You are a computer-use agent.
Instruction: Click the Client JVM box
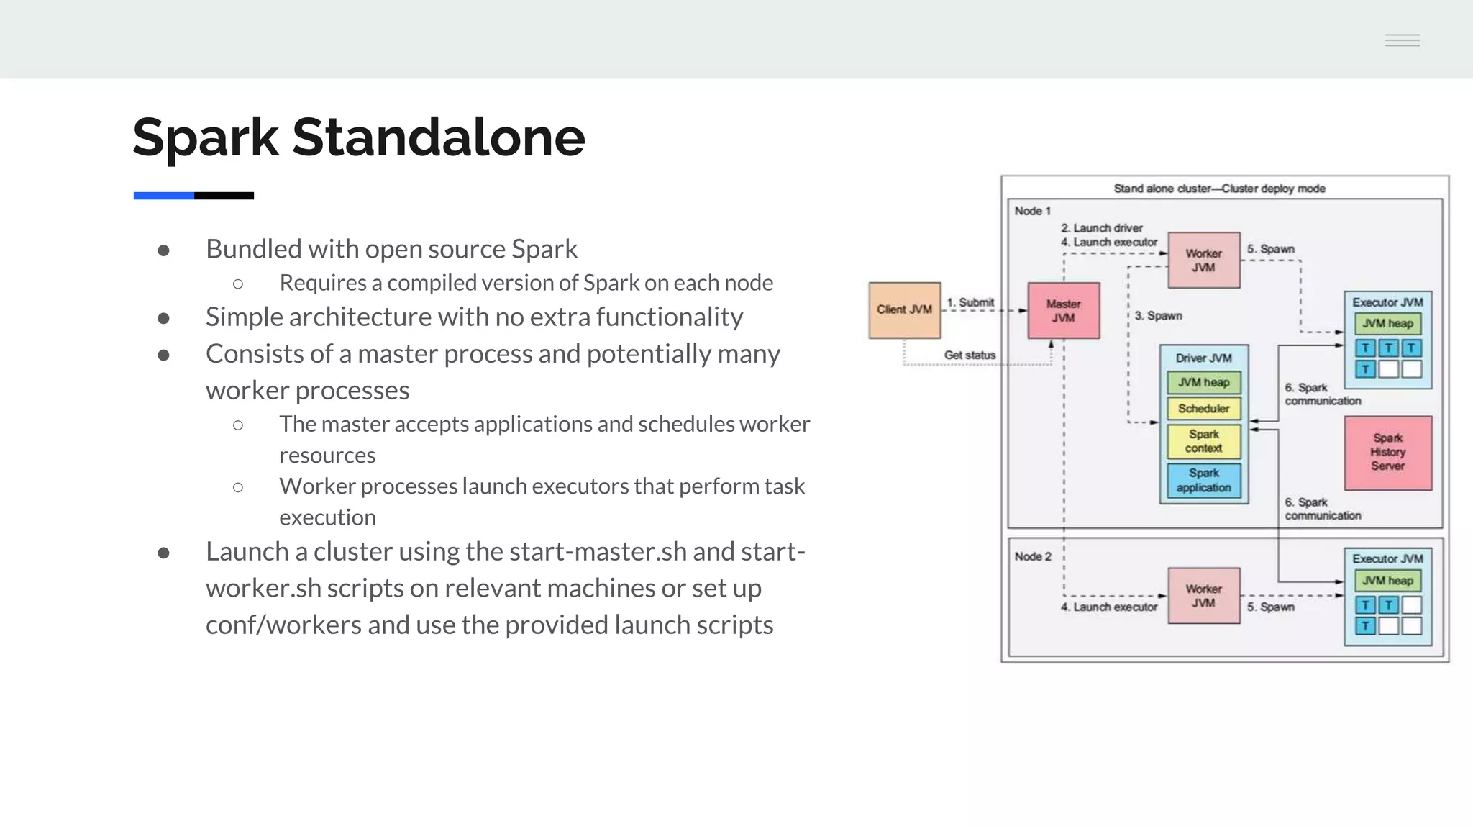point(904,310)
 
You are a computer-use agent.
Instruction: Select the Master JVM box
point(1063,311)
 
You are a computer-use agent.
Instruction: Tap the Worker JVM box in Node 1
point(1203,260)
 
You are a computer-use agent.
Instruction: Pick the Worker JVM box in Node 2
point(1203,596)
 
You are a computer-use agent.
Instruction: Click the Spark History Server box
point(1387,453)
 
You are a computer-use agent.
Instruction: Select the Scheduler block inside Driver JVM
point(1203,409)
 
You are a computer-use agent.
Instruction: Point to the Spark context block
point(1203,441)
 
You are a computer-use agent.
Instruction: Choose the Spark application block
point(1203,481)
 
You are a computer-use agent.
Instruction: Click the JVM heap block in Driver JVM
point(1203,383)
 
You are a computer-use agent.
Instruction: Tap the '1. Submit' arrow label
point(970,302)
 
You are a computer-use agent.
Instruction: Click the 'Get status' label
point(970,355)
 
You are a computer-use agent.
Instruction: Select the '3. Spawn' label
point(1158,316)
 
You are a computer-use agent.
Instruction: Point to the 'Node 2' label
point(1032,556)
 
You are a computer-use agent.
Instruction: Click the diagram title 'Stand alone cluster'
point(1219,189)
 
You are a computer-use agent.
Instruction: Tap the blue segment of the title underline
point(163,196)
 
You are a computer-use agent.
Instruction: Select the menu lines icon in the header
point(1402,40)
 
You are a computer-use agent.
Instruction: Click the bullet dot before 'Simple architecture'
point(163,318)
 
